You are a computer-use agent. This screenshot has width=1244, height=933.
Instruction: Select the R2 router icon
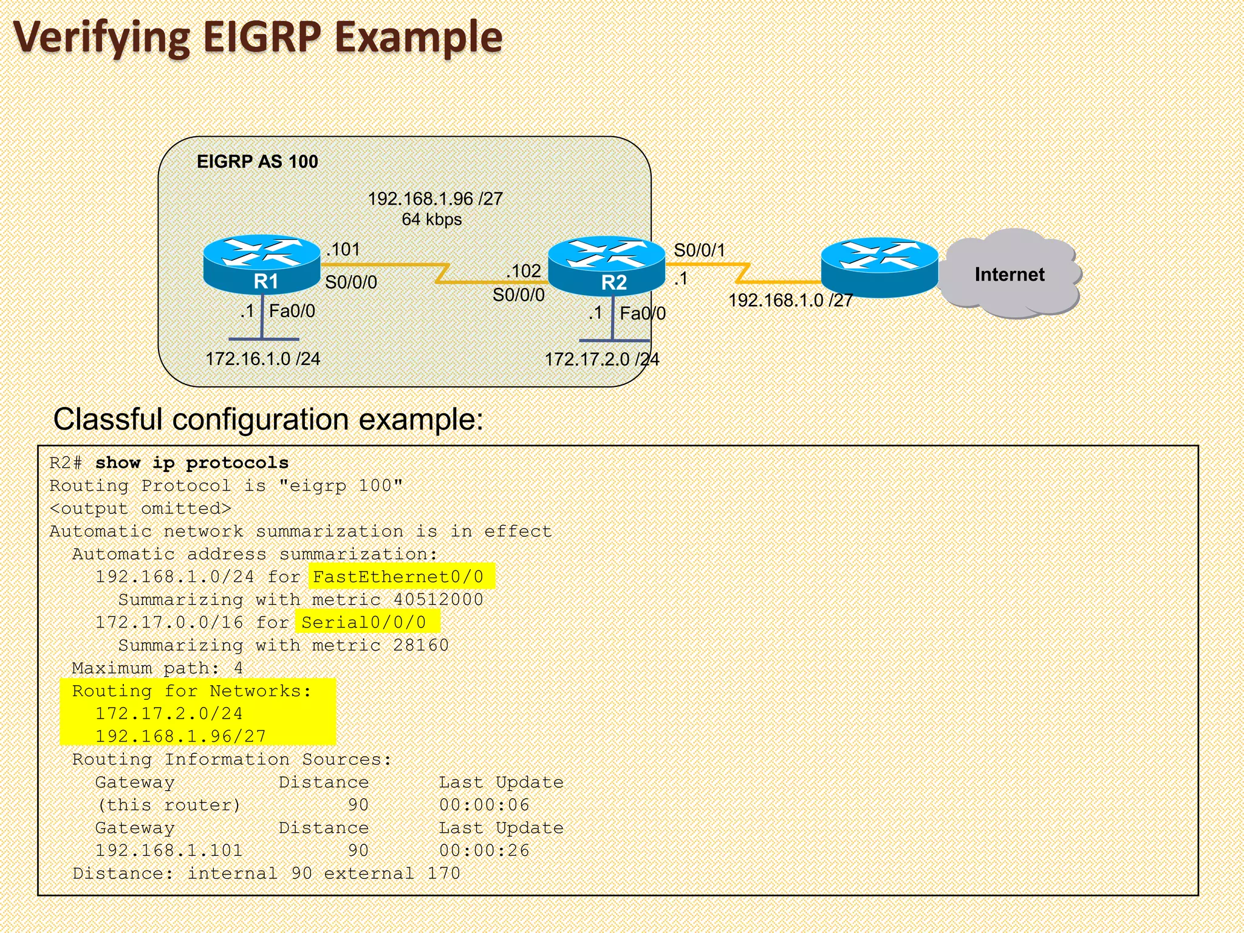tap(606, 265)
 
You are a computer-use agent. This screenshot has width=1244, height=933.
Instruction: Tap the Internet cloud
tap(1010, 274)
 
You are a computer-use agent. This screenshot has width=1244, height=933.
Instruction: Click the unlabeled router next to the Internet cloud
tap(879, 267)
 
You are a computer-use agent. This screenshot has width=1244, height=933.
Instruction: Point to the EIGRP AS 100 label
tap(258, 162)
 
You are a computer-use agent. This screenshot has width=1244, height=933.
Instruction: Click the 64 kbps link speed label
tap(432, 219)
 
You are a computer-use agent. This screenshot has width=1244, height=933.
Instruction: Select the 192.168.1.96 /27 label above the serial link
tap(435, 199)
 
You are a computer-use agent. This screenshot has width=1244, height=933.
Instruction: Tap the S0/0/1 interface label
tap(699, 250)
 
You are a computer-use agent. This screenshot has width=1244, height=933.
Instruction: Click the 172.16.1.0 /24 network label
tap(262, 359)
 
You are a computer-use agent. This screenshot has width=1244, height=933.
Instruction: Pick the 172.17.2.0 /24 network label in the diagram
tap(601, 360)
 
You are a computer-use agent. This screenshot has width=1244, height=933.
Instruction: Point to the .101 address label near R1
tap(343, 249)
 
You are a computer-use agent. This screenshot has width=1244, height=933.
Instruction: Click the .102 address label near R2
tap(523, 271)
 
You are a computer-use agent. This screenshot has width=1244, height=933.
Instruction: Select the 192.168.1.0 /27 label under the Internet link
tap(790, 300)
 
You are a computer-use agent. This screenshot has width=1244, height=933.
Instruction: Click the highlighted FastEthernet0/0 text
tap(398, 576)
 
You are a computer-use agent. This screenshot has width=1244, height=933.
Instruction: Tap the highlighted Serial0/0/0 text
tap(364, 623)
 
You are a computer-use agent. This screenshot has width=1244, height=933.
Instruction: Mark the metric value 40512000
tap(438, 600)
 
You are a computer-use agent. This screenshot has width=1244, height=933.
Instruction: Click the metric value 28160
tap(421, 645)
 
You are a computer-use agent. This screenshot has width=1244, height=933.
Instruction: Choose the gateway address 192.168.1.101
tap(169, 850)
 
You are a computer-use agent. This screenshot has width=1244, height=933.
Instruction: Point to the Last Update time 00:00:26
tap(484, 850)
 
